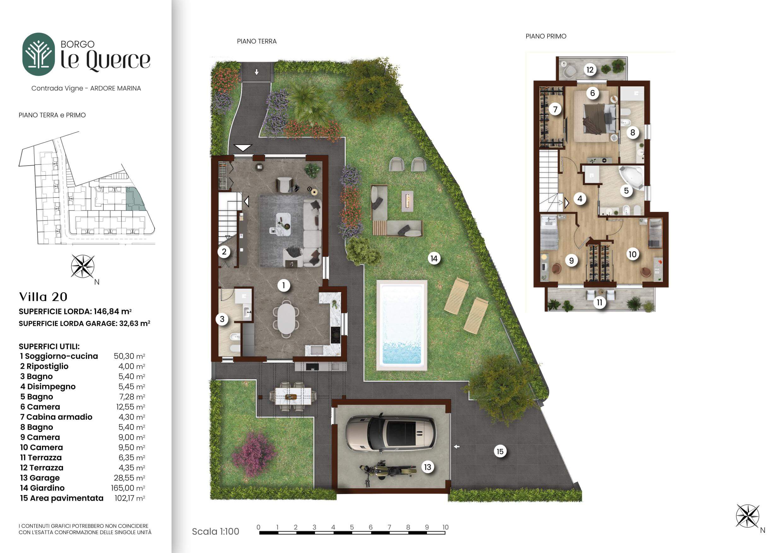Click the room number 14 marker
434,259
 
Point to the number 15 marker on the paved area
500,451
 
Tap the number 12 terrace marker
590,70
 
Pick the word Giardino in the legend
47,488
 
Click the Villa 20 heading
43,297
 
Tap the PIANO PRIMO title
546,36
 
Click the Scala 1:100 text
216,532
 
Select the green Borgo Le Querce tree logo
38,54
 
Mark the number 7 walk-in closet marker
555,109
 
